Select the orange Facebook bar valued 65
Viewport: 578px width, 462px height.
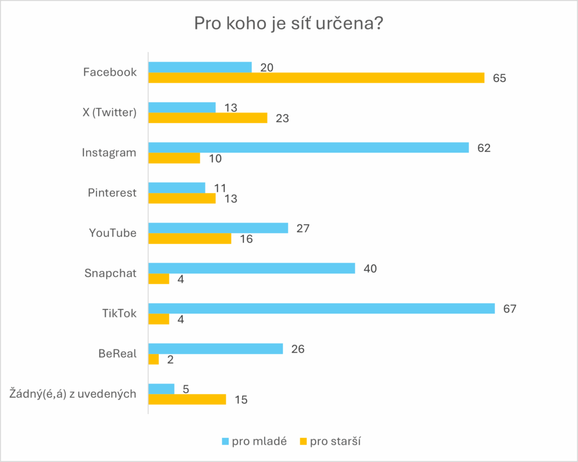316,78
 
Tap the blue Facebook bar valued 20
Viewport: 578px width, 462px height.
200,67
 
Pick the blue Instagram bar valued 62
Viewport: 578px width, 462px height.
308,147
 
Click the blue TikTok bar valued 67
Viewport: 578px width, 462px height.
321,308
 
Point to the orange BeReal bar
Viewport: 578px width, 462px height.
154,359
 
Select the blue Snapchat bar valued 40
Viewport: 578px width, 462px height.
251,268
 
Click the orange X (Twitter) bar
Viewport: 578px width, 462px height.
207,118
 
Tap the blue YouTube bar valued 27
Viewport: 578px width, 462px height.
218,228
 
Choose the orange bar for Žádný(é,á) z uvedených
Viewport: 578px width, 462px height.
187,399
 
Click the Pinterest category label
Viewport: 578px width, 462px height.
112,193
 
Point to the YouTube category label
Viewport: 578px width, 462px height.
113,233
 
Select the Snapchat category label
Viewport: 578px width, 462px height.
111,273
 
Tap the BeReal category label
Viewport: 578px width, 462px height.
117,354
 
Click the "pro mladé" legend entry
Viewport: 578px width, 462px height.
254,441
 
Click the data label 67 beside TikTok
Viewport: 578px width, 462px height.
510,309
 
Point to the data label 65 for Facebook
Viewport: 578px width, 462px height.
499,78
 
